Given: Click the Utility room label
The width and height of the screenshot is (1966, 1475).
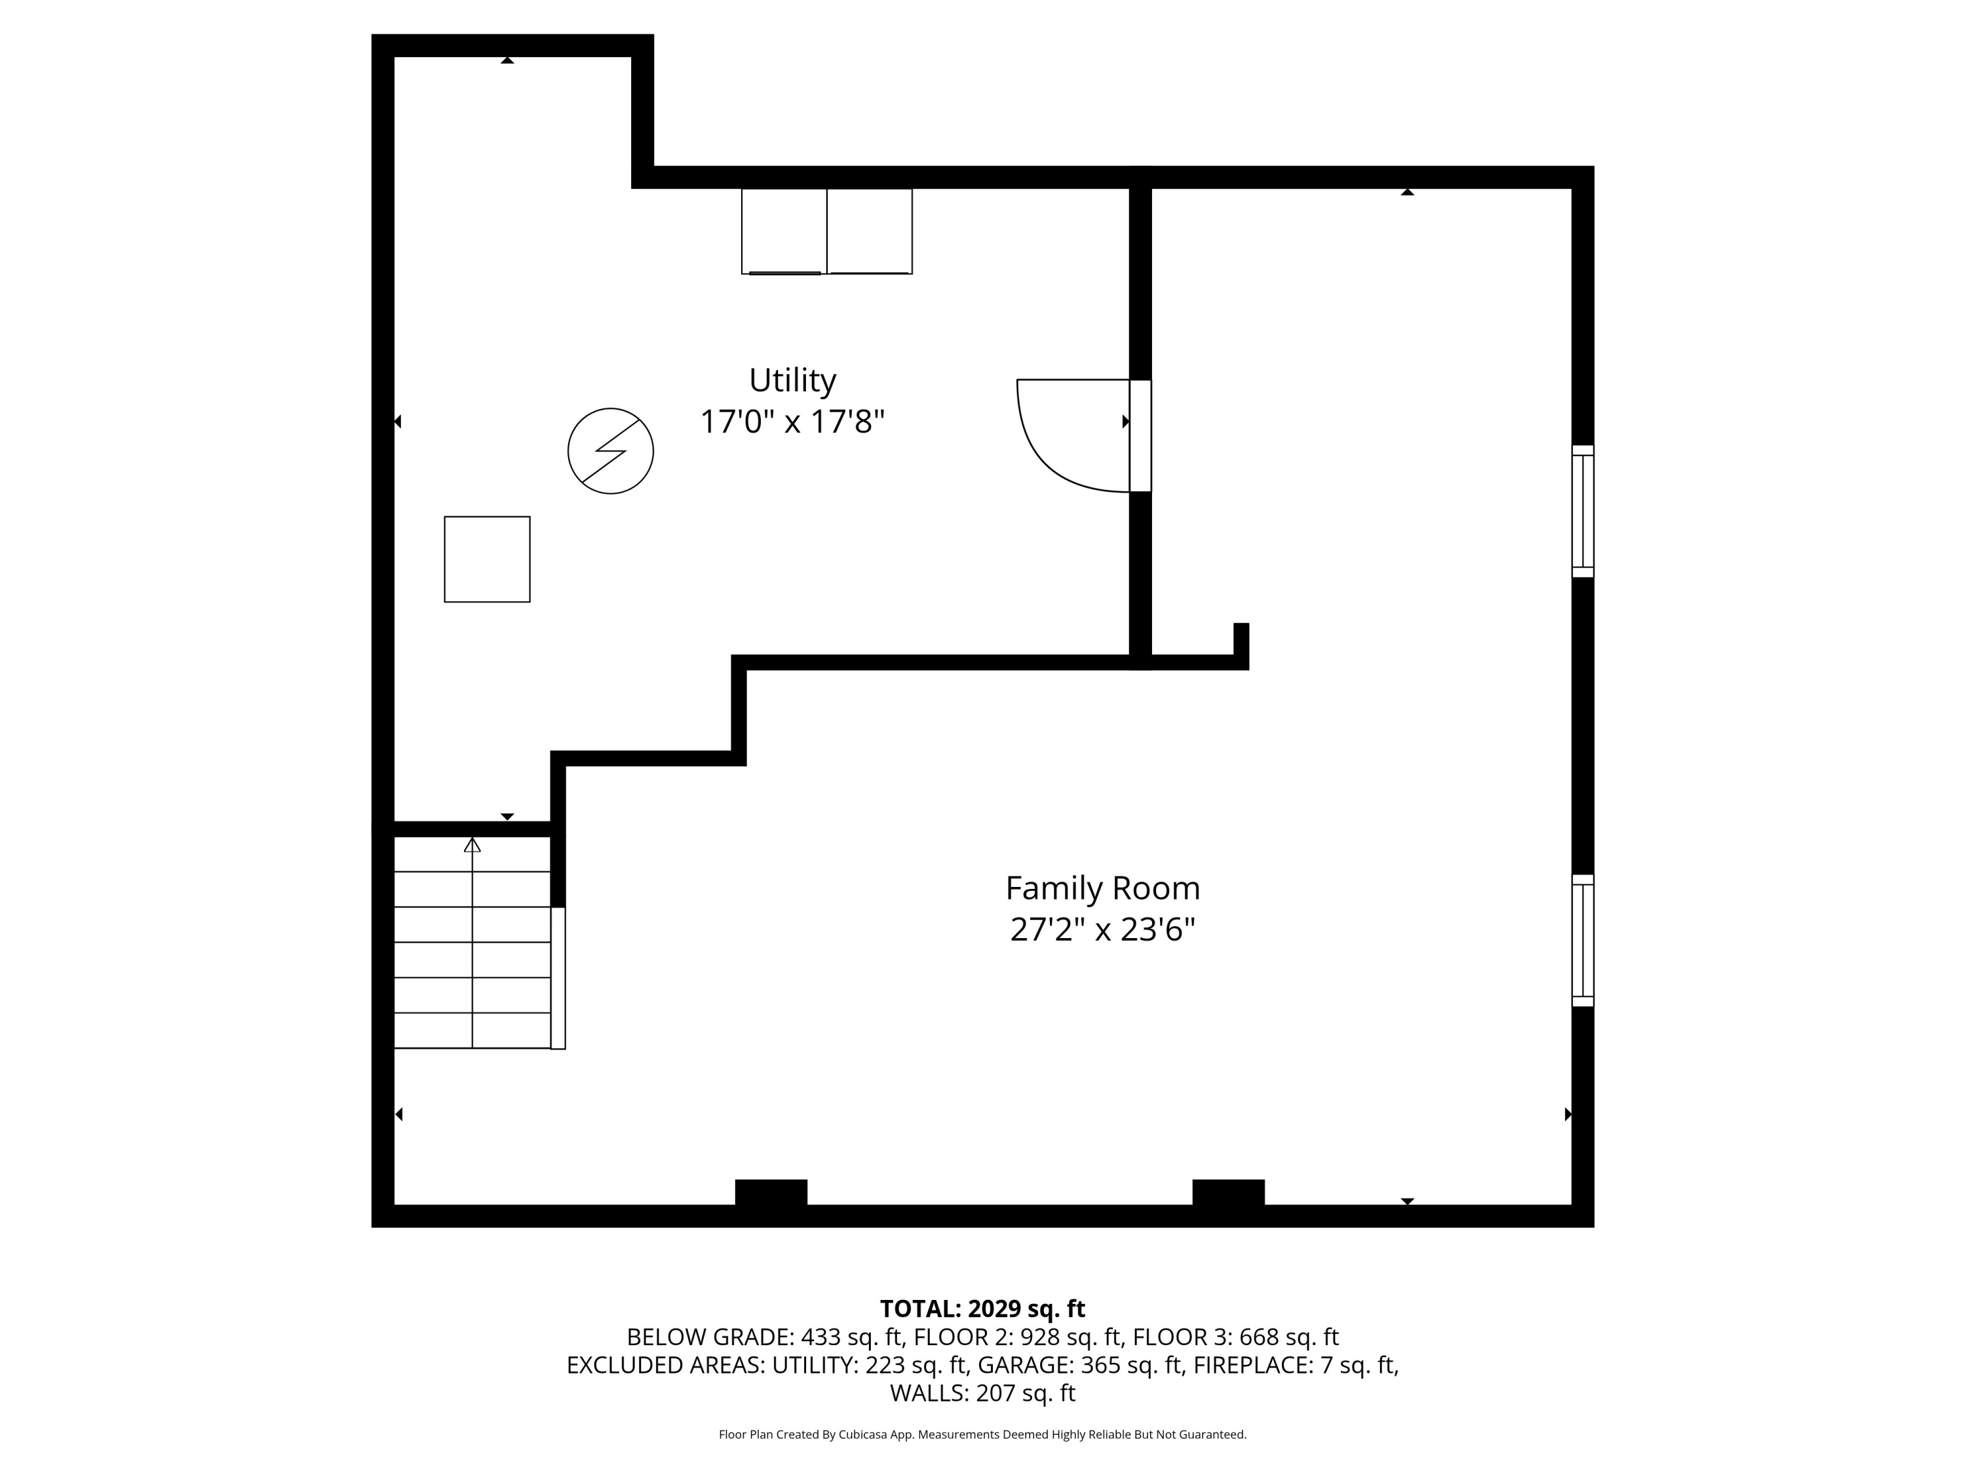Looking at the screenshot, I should tap(792, 380).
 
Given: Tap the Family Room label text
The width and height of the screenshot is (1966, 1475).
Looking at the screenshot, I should tap(1102, 888).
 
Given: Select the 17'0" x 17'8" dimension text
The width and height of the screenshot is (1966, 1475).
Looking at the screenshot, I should tap(792, 422).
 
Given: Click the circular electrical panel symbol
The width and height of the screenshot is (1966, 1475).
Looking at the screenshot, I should tap(611, 451).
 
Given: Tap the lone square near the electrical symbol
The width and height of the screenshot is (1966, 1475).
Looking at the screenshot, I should tap(487, 559).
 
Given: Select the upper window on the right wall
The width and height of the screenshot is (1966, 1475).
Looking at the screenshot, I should tap(1582, 511).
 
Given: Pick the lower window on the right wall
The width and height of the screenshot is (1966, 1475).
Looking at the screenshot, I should tap(1582, 941).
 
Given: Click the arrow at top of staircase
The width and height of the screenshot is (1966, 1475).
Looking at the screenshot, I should tap(472, 844).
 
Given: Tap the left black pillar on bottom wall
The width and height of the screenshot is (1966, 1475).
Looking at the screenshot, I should tap(771, 1192).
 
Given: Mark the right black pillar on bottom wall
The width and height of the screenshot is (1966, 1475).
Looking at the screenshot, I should tap(1227, 1192).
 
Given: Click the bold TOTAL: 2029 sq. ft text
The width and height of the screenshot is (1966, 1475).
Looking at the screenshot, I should tap(982, 1308).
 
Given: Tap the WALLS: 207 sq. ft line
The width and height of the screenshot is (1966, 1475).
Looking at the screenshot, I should tap(982, 1393).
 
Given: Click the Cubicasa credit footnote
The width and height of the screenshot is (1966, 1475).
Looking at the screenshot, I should tap(982, 1434).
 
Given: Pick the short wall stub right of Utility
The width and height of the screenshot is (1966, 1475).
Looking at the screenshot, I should tap(1241, 644).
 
